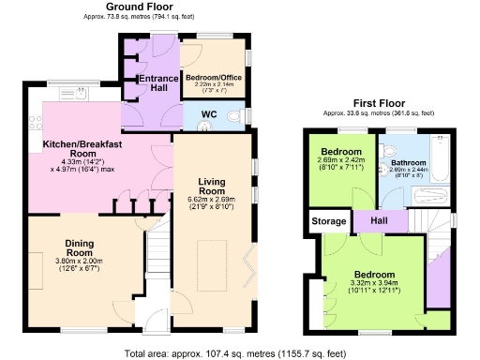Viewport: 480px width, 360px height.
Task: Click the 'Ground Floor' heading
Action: [x=145, y=7]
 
